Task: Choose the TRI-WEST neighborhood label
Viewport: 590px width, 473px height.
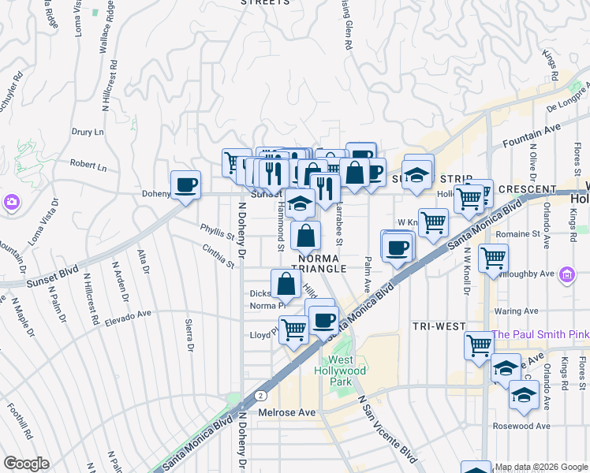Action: tap(438, 326)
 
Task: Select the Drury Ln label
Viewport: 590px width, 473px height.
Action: tap(88, 132)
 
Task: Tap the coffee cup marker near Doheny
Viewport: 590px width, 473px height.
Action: tap(185, 185)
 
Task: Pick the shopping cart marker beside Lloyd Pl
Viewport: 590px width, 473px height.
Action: tap(293, 328)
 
